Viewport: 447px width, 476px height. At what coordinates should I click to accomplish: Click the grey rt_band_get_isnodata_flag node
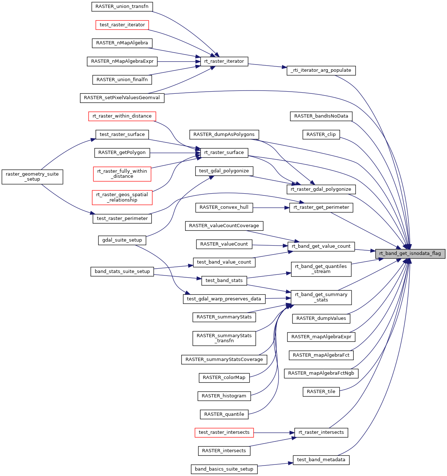410,254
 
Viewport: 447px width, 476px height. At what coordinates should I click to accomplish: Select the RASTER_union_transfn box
122,6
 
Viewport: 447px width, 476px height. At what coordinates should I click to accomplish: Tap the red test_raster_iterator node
122,25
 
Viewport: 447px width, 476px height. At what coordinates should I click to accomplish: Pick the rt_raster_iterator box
224,61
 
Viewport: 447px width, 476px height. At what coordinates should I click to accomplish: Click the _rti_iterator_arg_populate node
321,70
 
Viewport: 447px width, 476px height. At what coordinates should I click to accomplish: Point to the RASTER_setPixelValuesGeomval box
122,98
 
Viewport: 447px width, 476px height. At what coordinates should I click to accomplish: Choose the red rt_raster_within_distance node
122,116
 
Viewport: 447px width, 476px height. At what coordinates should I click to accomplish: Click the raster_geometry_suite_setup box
32,177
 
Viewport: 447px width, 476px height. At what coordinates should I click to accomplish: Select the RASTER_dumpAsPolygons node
224,135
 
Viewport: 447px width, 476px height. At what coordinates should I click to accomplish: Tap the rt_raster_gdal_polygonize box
321,189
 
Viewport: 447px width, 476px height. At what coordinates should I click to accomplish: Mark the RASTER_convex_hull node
224,207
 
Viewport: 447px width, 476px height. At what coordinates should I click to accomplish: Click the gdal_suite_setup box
122,240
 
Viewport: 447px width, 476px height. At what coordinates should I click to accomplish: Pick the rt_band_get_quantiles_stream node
321,269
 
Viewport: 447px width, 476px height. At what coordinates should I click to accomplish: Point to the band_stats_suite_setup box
122,272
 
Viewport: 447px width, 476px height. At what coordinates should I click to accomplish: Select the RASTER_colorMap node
224,378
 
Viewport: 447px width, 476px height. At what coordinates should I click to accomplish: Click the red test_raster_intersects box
224,432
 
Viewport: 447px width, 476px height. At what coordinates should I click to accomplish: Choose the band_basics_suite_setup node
224,469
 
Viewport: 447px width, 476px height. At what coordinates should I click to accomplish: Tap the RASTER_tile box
321,392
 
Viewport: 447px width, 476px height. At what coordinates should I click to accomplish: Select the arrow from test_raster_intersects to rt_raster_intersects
274,432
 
